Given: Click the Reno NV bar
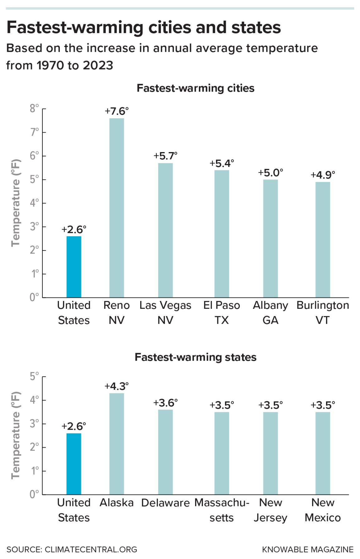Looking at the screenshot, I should pyautogui.click(x=117, y=208).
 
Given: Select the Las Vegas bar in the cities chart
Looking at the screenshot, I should pyautogui.click(x=165, y=230).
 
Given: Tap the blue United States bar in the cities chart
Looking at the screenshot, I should pyautogui.click(x=74, y=267).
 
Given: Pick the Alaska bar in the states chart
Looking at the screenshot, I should pyautogui.click(x=117, y=444).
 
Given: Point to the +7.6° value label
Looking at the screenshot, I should pyautogui.click(x=117, y=111).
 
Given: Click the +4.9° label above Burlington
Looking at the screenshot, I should pyautogui.click(x=323, y=175).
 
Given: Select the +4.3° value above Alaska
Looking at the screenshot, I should pyautogui.click(x=117, y=386).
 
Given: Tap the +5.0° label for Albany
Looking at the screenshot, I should pyautogui.click(x=271, y=173).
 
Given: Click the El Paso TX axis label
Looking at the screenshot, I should pyautogui.click(x=222, y=313).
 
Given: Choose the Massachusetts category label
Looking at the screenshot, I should pyautogui.click(x=222, y=510).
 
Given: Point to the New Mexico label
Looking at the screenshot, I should pyautogui.click(x=323, y=510).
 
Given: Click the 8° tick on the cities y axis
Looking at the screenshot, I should pyautogui.click(x=34, y=108).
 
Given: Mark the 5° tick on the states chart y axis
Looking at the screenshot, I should pyautogui.click(x=34, y=376).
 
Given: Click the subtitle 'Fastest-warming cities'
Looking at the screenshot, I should pyautogui.click(x=195, y=88).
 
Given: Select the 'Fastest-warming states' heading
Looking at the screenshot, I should pyautogui.click(x=195, y=357).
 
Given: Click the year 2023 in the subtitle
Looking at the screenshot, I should pyautogui.click(x=98, y=65).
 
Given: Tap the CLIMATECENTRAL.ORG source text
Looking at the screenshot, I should pyautogui.click(x=91, y=549).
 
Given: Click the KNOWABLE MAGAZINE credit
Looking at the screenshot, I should pyautogui.click(x=308, y=549).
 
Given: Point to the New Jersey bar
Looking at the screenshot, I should pyautogui.click(x=271, y=453).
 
